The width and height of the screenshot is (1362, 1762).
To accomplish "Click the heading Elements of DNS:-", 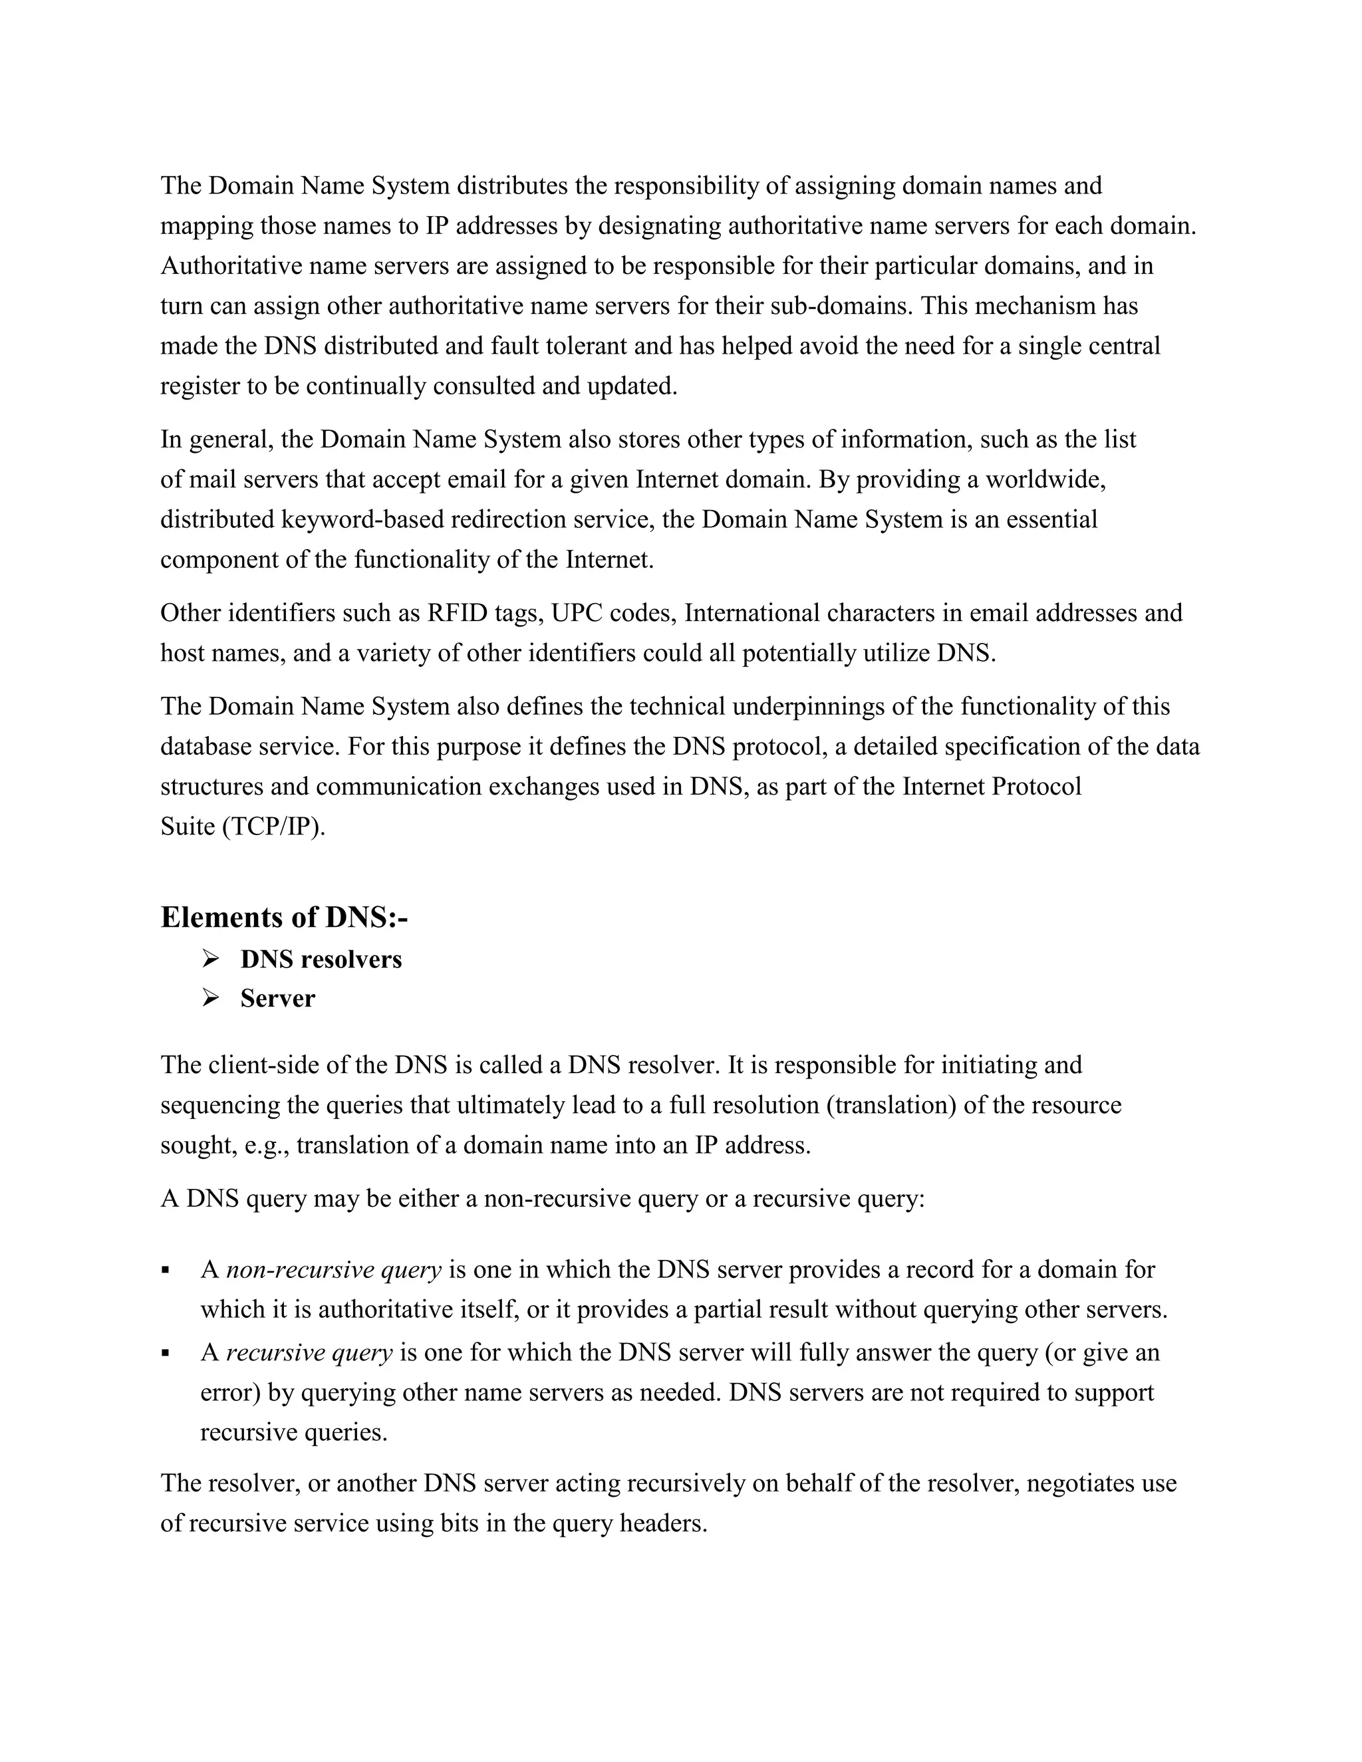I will (x=284, y=918).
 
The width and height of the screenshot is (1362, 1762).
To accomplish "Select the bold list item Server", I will (x=277, y=999).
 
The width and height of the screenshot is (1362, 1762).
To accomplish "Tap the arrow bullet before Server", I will (x=211, y=999).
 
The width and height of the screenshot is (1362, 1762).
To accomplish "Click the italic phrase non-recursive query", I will (x=333, y=1270).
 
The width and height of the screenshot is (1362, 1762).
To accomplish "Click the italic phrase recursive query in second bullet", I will (x=309, y=1352).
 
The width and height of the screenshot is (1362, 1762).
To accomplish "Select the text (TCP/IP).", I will (x=273, y=827).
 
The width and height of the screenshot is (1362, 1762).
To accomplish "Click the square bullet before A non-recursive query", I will (x=166, y=1271).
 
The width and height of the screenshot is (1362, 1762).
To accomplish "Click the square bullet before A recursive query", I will (x=166, y=1353).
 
